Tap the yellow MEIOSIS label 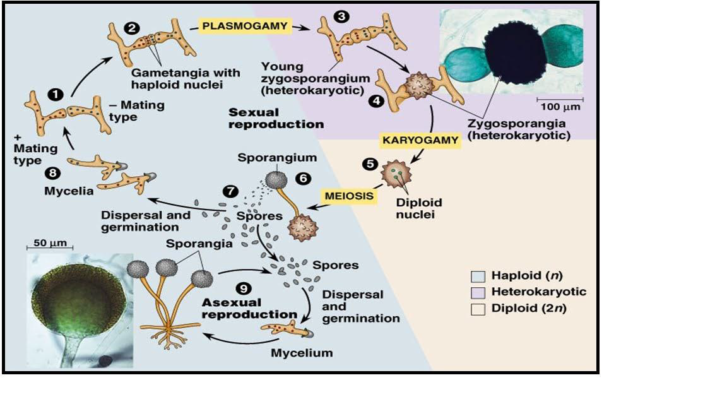tap(348, 196)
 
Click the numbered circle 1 tap(57, 94)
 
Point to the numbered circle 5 tap(369, 164)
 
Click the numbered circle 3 tap(341, 18)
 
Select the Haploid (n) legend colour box tap(478, 276)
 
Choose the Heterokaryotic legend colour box tap(478, 292)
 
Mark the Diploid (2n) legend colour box tap(478, 309)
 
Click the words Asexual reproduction tap(249, 307)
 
